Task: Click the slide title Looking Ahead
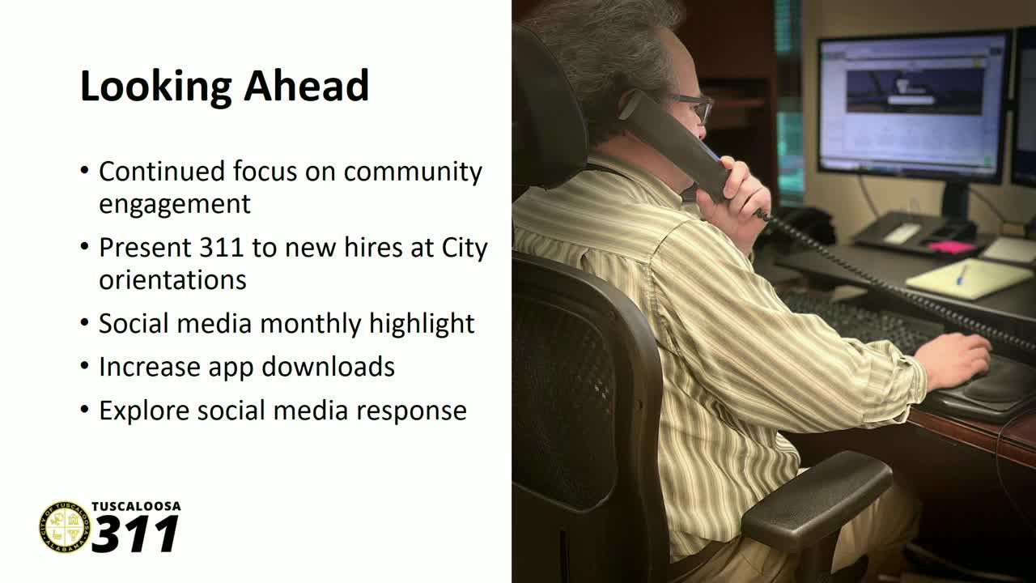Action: (x=224, y=86)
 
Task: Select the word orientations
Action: (x=172, y=279)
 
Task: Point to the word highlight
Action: (x=422, y=323)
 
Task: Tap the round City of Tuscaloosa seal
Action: (x=64, y=527)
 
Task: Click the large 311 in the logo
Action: (x=136, y=534)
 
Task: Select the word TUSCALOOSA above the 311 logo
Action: (x=136, y=507)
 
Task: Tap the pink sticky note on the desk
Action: (x=952, y=246)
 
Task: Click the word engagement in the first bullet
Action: (x=175, y=203)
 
